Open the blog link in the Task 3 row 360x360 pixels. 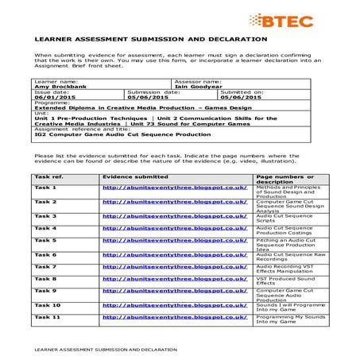click(174, 215)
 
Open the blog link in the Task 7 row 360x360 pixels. click(174, 266)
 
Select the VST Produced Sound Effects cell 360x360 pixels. click(282, 281)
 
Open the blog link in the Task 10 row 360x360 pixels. click(174, 304)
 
